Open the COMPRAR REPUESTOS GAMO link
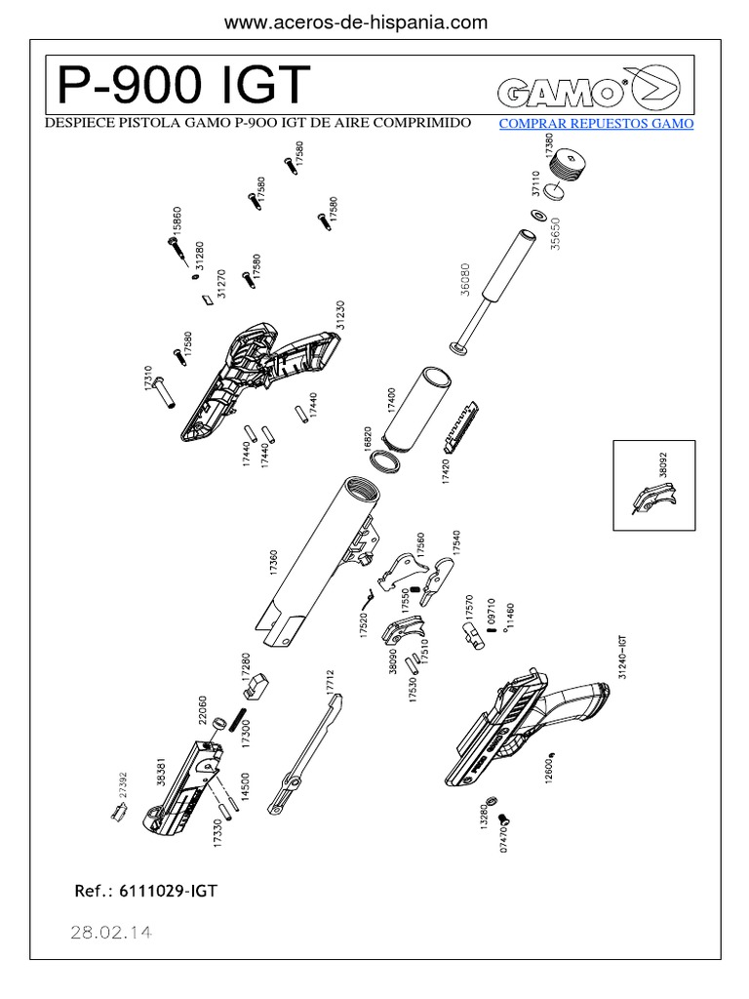[596, 124]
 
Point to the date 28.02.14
[111, 932]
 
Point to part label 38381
[162, 772]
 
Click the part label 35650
[556, 235]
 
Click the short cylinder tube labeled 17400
[427, 403]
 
